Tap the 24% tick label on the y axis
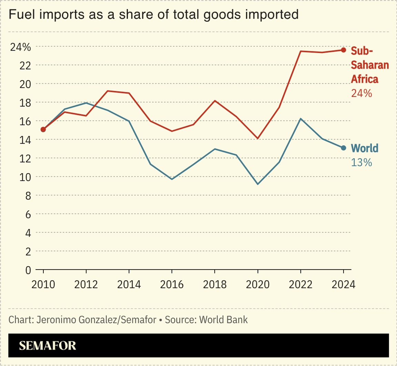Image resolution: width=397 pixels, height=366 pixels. click(x=20, y=47)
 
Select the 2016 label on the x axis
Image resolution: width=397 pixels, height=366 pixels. click(x=172, y=285)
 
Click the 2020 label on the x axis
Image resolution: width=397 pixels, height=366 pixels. click(x=258, y=285)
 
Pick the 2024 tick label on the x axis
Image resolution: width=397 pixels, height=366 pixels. click(x=343, y=285)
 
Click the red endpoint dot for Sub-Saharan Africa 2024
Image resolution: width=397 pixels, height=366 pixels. click(x=343, y=50)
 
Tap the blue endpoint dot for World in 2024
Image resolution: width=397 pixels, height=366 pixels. click(x=343, y=148)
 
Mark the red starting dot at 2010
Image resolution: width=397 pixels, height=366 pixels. click(x=43, y=129)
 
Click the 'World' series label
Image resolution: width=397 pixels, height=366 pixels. click(x=365, y=148)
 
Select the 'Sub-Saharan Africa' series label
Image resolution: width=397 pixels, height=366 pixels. click(x=369, y=65)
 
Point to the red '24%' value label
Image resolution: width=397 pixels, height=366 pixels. click(x=362, y=93)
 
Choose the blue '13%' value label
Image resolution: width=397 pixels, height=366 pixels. click(x=362, y=162)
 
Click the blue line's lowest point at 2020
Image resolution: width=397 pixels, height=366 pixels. click(x=258, y=184)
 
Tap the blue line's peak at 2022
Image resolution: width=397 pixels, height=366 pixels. click(x=301, y=119)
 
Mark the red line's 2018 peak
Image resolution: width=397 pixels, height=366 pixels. click(x=215, y=101)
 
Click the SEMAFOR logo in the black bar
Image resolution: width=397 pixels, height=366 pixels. click(x=48, y=346)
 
